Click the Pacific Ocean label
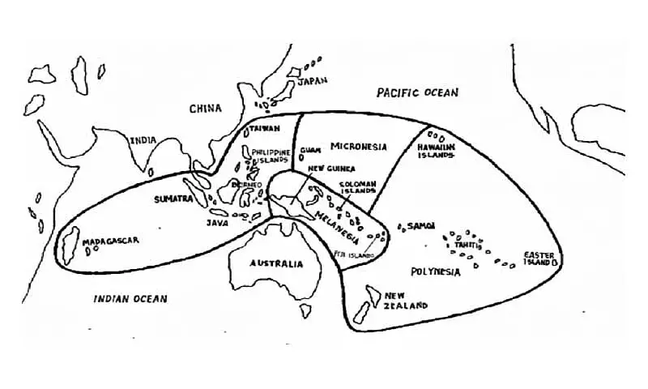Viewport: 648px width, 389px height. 417,93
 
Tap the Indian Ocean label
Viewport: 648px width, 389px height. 130,298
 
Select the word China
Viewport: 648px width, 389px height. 206,109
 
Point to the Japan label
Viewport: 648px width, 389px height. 312,82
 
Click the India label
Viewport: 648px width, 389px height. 143,140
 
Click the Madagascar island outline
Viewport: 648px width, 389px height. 70,242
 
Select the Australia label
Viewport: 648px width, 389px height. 276,263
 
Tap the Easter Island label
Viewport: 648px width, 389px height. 539,258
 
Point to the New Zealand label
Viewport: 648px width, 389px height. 406,301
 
